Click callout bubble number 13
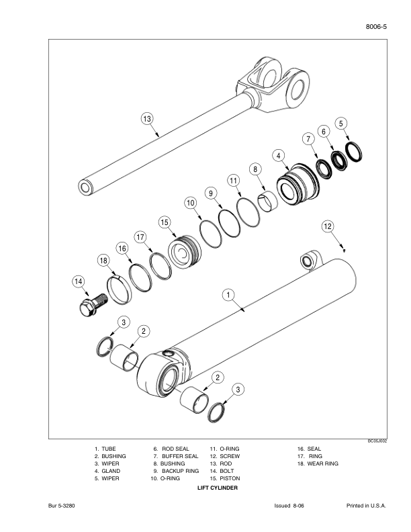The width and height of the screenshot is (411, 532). pos(147,119)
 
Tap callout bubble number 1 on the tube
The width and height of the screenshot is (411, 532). pos(228,294)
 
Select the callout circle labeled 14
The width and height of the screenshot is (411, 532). pos(80,282)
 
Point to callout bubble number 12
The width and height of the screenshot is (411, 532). pos(327,226)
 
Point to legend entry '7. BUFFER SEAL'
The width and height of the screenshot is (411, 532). pos(175,456)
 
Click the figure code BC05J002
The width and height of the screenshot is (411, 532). pos(377,441)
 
